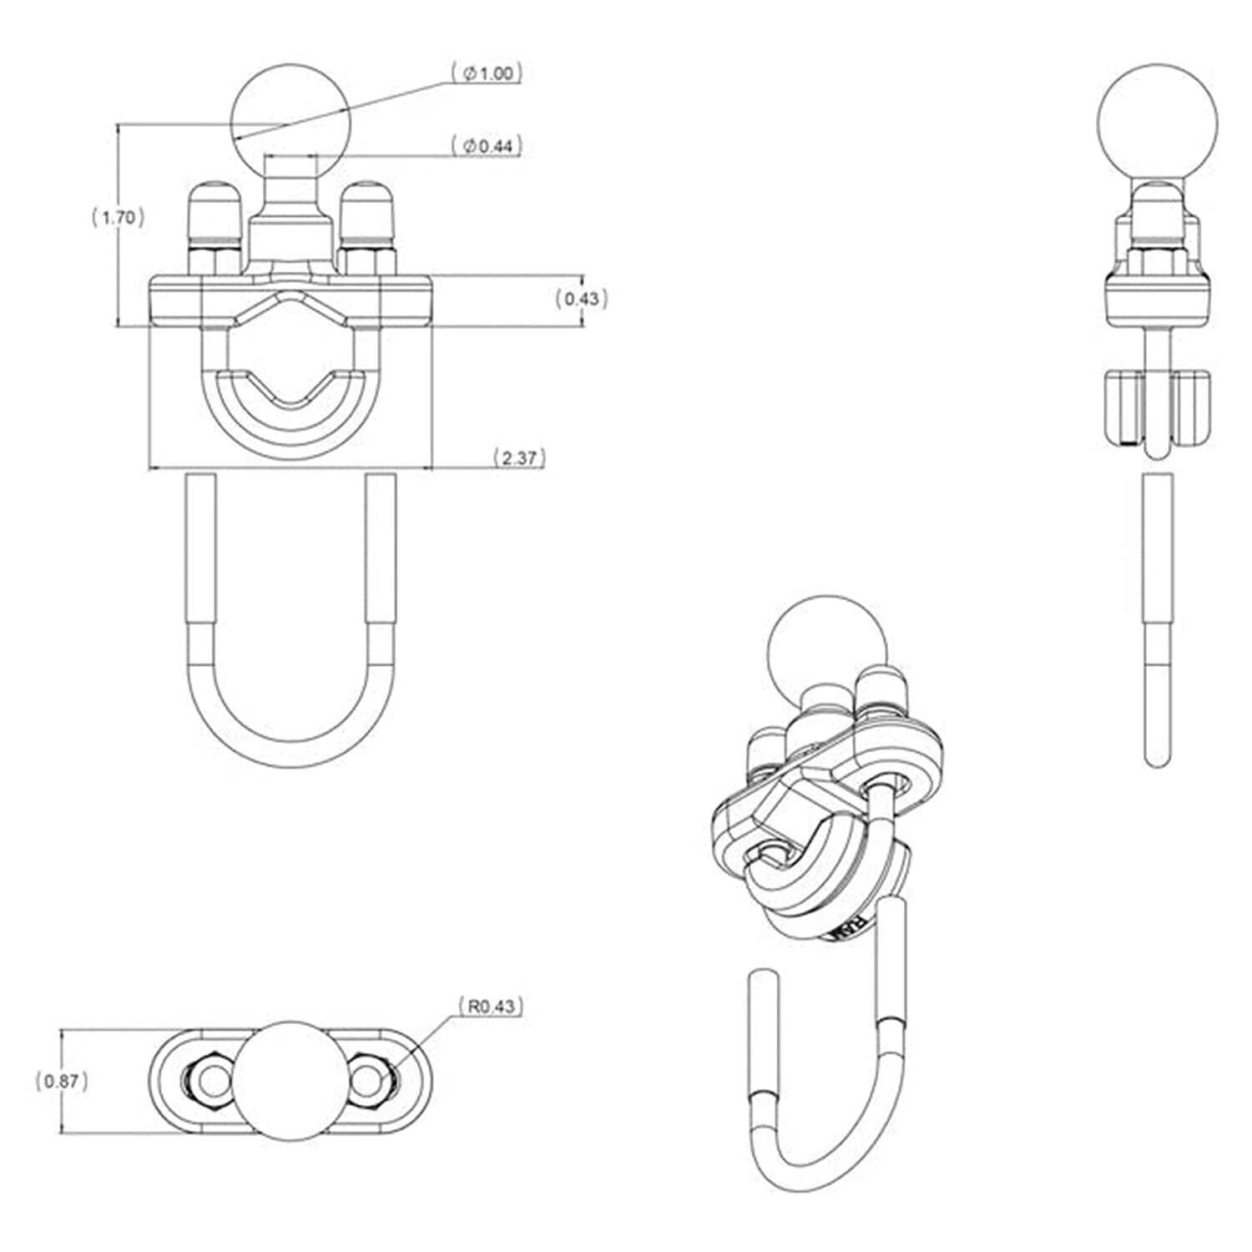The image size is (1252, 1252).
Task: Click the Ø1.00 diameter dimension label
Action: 487,74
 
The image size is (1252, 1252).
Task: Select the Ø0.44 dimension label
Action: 487,146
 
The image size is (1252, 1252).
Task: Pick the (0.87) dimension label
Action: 61,1081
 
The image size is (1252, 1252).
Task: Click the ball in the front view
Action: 291,113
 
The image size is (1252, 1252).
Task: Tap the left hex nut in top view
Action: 205,1080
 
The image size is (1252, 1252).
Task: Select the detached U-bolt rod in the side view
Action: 1156,618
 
